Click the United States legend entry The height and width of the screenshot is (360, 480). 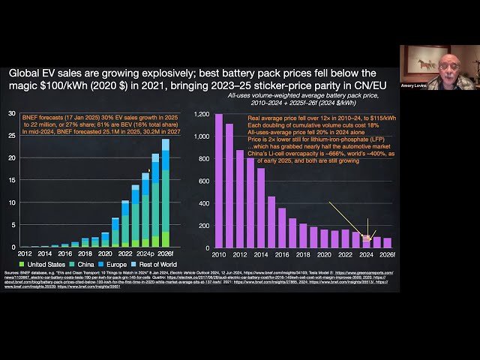point(32,265)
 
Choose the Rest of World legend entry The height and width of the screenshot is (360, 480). point(167,265)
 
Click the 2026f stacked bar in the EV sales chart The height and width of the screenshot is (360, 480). point(165,194)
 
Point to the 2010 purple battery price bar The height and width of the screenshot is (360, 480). point(219,181)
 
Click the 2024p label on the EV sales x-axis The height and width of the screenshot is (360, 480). point(145,253)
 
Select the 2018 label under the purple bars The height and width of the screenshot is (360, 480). point(303,253)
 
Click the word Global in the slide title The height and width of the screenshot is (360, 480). point(28,73)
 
